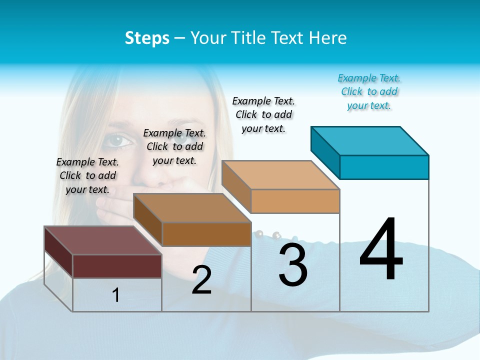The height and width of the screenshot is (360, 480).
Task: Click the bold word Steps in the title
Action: pos(147,38)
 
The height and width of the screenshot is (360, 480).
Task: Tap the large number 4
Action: pos(381,250)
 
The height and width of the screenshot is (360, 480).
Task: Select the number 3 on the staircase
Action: pos(293,265)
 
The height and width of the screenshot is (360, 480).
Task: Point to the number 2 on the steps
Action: pos(202,280)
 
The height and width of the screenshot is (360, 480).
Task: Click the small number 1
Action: pos(116,295)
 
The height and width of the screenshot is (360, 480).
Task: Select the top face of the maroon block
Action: pos(102,240)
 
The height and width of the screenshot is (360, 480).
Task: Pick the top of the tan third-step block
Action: pos(280,175)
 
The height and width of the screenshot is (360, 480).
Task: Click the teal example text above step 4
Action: pos(369,92)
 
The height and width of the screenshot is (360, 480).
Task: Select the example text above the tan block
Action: pos(263,114)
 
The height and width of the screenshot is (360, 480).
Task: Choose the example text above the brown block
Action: pos(174,146)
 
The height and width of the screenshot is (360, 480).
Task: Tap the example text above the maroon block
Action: pos(87,175)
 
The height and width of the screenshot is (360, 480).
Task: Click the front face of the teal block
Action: pos(384,167)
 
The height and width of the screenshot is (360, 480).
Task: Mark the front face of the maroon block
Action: pos(117,266)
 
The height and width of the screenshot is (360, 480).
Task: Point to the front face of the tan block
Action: pos(295,201)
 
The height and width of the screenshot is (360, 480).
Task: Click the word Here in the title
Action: pos(329,38)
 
